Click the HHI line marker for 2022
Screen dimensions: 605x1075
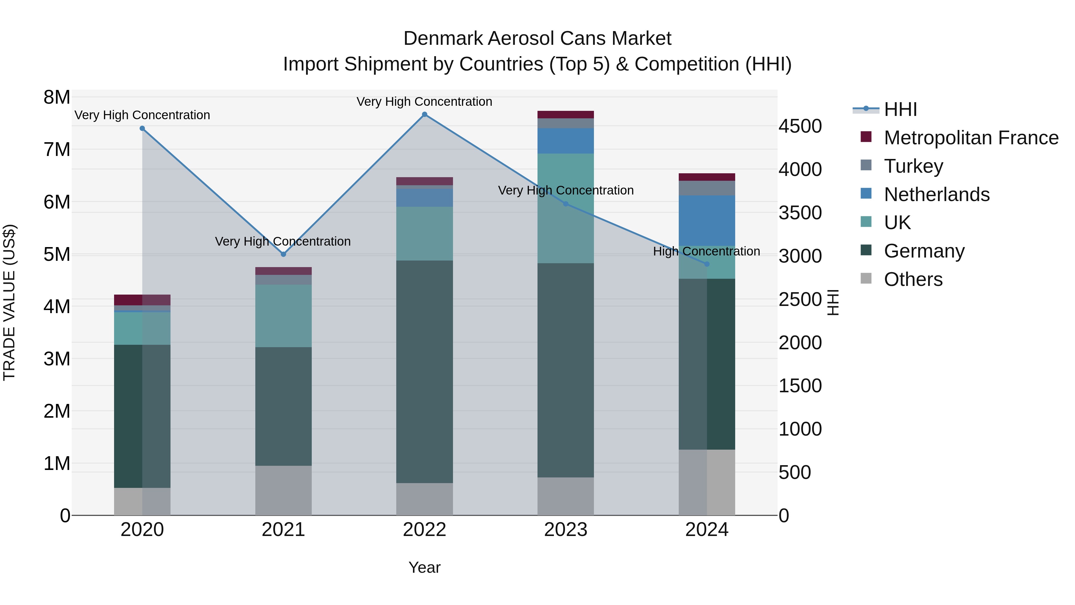tap(424, 114)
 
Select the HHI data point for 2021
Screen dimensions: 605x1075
tap(283, 254)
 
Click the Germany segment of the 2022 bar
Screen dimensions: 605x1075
tap(424, 372)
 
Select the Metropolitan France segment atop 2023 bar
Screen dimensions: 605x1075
tap(566, 114)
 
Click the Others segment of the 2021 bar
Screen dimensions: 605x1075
tap(283, 490)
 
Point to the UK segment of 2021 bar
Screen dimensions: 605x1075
tap(283, 316)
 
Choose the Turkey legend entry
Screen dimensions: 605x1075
tap(913, 166)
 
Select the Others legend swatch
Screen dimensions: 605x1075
tap(866, 278)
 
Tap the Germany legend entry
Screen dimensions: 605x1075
tap(924, 251)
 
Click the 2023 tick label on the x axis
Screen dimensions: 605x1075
tap(566, 530)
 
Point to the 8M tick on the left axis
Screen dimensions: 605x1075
tap(57, 97)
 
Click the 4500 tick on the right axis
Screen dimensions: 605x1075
tap(800, 126)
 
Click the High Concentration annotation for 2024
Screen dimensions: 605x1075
tap(706, 251)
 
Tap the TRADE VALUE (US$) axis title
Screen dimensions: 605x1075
tap(9, 302)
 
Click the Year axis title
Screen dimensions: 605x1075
tap(424, 567)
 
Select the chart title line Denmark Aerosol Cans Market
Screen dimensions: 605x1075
tap(537, 39)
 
